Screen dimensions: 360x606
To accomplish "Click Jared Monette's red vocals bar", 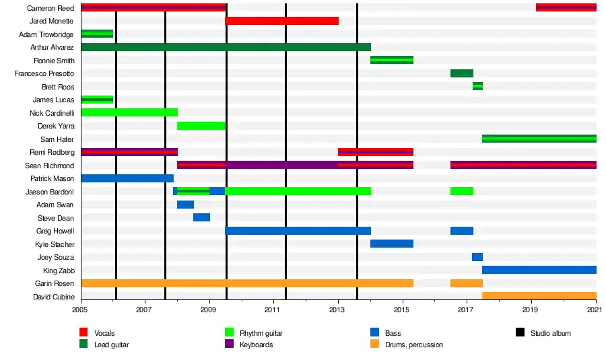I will [281, 21].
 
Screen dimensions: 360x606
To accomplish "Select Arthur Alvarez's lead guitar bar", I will [226, 47].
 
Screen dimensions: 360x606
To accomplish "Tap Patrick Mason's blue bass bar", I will [127, 178].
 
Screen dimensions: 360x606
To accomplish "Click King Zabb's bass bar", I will [539, 270].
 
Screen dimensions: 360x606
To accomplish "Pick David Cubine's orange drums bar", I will [539, 296].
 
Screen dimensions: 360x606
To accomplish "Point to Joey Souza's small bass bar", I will [477, 257].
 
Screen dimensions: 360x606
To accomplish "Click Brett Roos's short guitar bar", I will [477, 86].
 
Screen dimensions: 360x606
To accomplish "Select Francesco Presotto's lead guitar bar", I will [462, 73].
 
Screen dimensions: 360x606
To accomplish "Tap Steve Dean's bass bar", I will [201, 217].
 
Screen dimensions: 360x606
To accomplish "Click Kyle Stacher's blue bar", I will [392, 244].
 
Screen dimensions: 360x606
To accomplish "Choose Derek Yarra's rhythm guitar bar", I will [201, 126].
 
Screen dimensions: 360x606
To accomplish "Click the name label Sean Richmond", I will [49, 166].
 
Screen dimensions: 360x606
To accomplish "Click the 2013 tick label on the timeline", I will [338, 310].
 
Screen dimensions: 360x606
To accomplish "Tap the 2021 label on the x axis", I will [595, 310].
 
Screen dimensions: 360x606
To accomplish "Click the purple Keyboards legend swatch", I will [229, 345].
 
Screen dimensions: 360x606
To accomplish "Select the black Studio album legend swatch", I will [520, 333].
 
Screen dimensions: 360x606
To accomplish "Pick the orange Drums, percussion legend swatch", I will [374, 345].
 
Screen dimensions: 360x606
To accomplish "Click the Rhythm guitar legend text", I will [261, 333].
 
